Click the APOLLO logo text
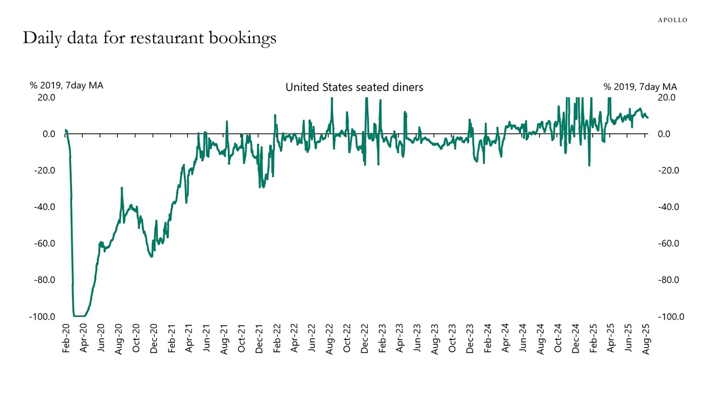click(672, 20)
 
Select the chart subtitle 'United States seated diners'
click(354, 87)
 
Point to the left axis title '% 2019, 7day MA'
click(66, 86)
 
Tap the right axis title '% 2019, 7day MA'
click(640, 87)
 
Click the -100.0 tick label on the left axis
click(42, 317)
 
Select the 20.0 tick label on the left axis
click(46, 97)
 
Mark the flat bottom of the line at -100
click(79, 316)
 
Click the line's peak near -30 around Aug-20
click(121, 188)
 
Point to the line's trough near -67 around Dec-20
click(151, 256)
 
